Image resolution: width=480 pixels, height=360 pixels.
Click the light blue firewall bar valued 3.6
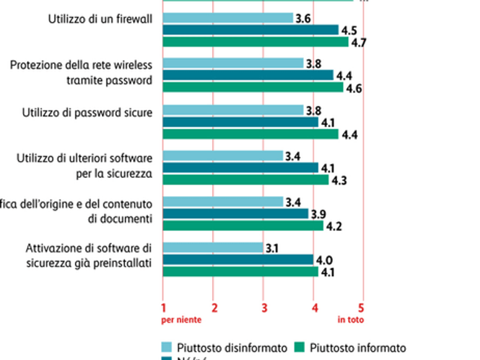click(x=228, y=18)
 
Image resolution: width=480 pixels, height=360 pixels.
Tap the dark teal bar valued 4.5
click(x=251, y=30)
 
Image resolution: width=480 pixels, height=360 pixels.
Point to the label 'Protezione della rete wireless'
click(x=81, y=65)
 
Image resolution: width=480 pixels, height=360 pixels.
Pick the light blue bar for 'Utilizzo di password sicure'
click(x=233, y=110)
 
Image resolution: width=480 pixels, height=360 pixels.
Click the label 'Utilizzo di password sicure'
click(x=87, y=112)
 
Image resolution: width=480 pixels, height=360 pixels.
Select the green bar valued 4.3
click(x=245, y=180)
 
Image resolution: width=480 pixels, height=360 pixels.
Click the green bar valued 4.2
click(x=243, y=226)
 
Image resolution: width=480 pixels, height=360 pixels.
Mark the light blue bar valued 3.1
click(x=213, y=248)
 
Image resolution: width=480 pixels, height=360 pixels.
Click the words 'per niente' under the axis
click(x=180, y=319)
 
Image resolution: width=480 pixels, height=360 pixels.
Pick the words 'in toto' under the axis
click(x=351, y=319)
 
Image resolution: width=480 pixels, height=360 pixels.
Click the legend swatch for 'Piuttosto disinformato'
click(x=166, y=347)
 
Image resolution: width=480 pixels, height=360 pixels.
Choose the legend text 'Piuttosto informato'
click(x=357, y=348)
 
